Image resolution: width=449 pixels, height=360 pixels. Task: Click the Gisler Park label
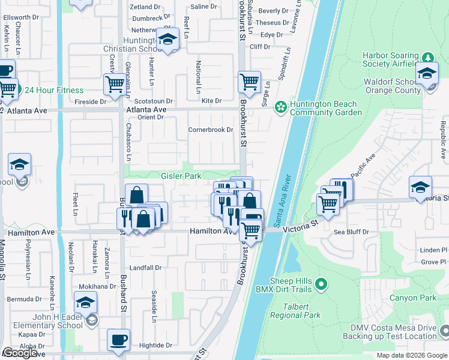181,176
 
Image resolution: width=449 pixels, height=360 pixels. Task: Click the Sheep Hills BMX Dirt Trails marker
321,284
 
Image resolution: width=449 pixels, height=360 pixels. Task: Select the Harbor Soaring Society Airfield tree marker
427,58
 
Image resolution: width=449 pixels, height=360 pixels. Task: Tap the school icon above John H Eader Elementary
86,302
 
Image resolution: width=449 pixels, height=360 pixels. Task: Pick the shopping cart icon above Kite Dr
249,81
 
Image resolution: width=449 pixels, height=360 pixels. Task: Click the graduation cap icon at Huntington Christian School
169,40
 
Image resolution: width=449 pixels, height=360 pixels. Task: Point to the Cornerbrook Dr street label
210,130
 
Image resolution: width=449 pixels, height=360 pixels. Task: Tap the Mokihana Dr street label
96,287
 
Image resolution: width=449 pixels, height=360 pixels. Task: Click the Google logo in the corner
20,353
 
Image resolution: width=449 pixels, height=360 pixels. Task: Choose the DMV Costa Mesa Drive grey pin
444,331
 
